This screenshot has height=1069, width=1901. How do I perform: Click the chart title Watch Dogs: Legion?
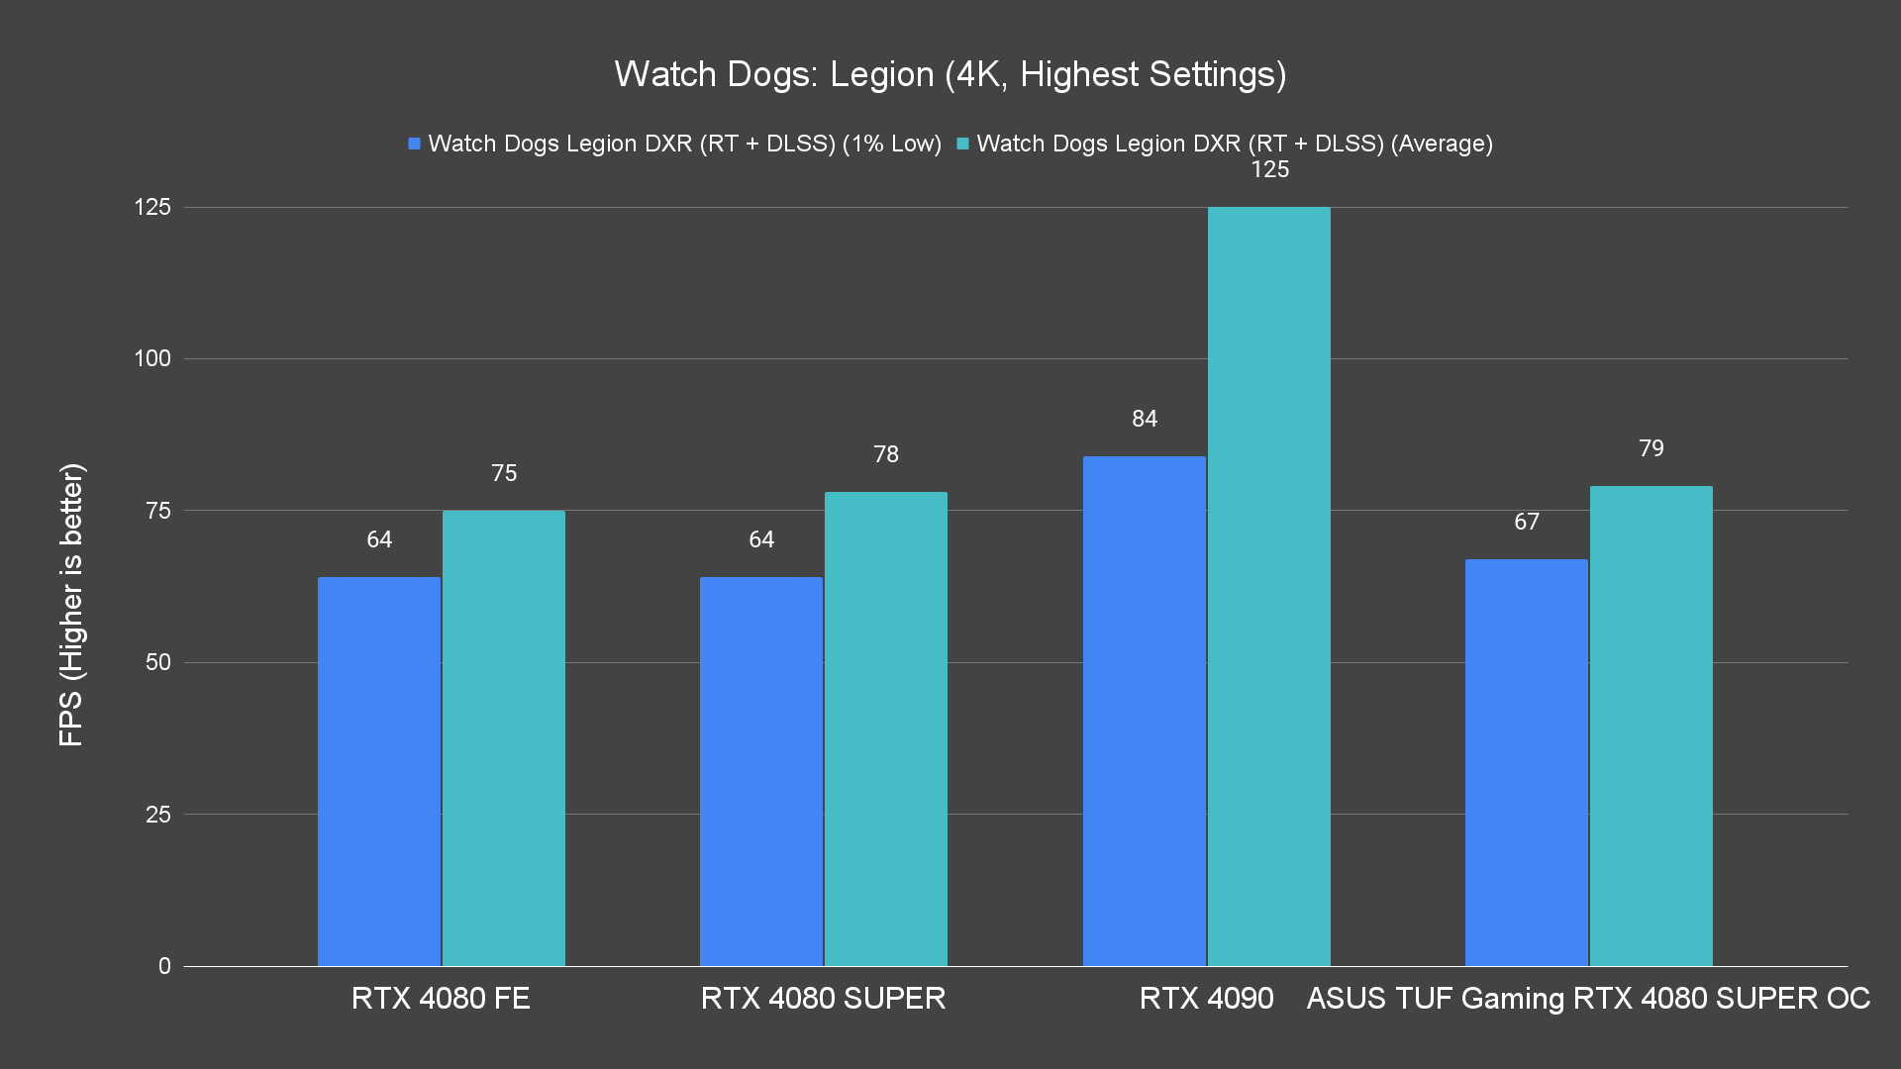click(x=950, y=74)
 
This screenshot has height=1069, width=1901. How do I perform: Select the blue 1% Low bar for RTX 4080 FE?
click(x=379, y=771)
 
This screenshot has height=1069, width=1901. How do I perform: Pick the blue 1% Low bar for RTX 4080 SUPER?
click(x=761, y=771)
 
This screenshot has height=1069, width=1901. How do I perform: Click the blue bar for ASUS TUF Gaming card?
click(x=1527, y=762)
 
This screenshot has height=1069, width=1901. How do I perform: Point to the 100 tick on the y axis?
click(x=152, y=358)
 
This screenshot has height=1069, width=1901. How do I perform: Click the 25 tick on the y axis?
click(x=158, y=815)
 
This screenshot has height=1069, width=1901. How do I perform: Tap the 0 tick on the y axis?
click(x=164, y=966)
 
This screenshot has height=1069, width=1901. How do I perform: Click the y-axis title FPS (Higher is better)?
click(x=71, y=605)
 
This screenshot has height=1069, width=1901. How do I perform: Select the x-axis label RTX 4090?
click(x=1206, y=998)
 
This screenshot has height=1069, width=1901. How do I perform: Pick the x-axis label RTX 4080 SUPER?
click(x=823, y=998)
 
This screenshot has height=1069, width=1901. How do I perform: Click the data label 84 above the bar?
click(x=1145, y=419)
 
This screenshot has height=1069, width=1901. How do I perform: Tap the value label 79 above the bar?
click(x=1651, y=448)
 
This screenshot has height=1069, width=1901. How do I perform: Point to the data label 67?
click(x=1527, y=522)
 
